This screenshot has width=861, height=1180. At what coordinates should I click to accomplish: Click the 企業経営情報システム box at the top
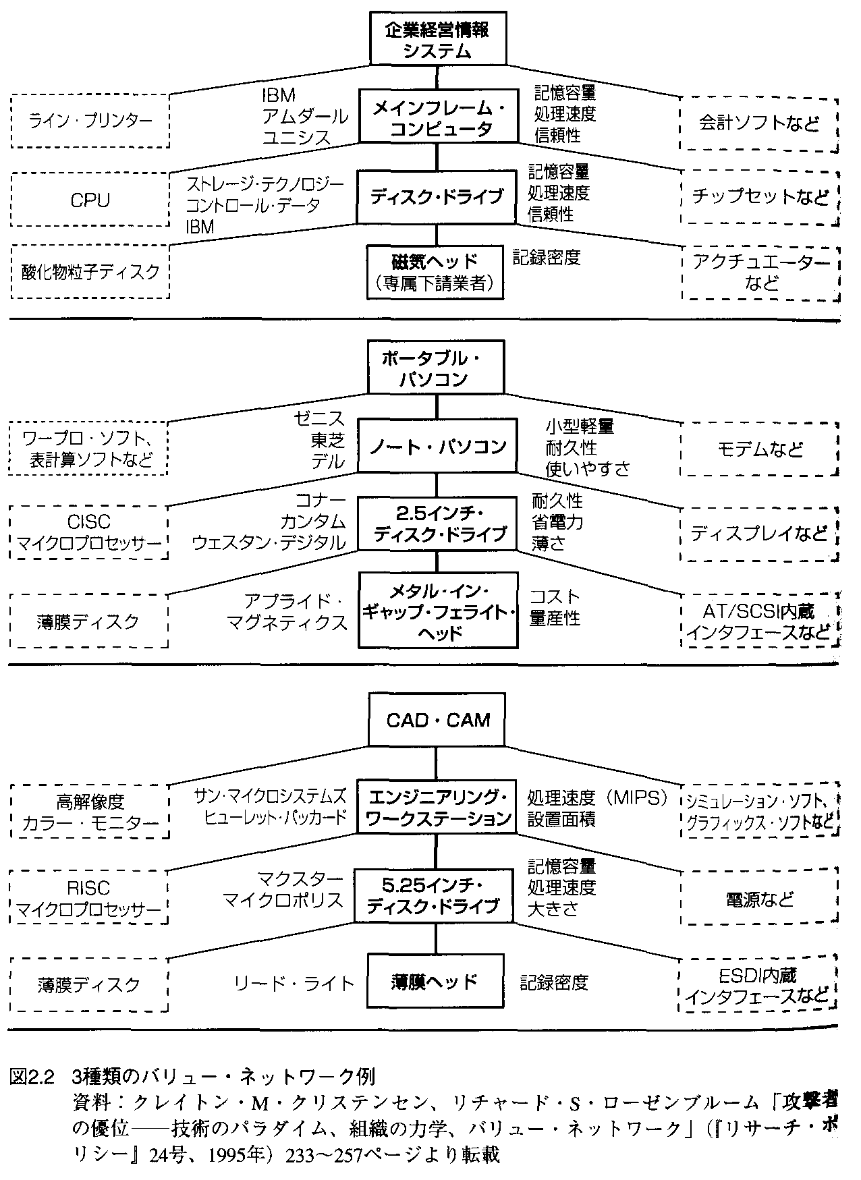coord(437,39)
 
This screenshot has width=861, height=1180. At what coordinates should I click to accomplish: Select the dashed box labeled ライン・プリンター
coord(90,121)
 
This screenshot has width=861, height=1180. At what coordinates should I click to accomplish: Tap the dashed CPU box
coord(90,200)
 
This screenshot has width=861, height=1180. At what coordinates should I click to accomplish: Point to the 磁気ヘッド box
coord(435,271)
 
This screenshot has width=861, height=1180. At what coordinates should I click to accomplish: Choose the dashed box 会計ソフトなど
coord(758,123)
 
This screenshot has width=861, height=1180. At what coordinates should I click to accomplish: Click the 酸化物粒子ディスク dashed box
coord(90,271)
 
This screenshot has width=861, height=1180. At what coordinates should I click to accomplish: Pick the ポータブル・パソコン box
coord(435,368)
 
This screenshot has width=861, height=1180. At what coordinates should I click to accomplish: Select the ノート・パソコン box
coord(437,445)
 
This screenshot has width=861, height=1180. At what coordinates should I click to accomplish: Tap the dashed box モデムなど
coord(758,449)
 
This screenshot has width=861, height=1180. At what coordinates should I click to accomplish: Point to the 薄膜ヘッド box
coord(435,981)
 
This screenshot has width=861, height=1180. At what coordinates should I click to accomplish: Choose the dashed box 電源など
coord(758,899)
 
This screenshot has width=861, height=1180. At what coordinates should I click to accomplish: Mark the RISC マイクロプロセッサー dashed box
coord(89,899)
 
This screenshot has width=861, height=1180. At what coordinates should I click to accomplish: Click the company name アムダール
coord(305,115)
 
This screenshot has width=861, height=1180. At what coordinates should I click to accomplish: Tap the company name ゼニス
coord(319,420)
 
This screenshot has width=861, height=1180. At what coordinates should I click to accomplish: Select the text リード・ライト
coord(294,983)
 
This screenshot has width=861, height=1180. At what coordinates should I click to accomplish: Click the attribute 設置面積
coord(561,819)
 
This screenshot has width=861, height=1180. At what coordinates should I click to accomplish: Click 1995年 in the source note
coord(244,1154)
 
